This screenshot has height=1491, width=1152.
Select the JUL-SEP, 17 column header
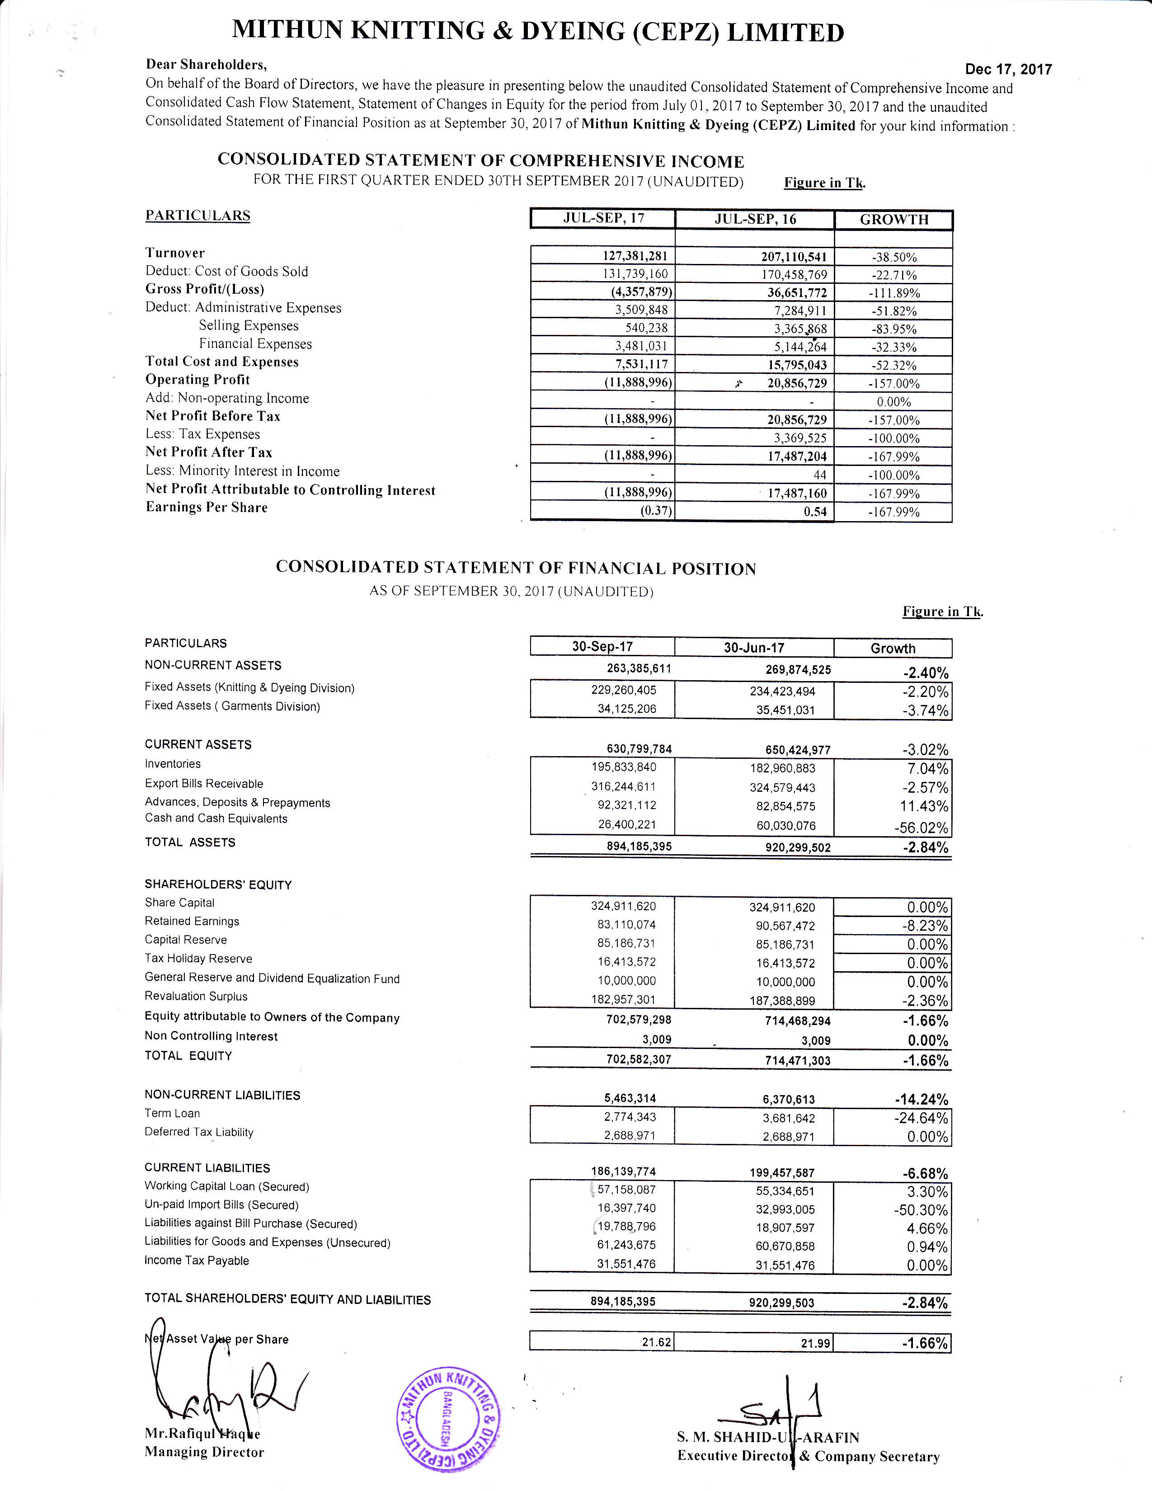tap(603, 218)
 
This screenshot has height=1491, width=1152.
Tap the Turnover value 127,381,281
tap(635, 256)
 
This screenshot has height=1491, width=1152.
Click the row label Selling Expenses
tap(249, 326)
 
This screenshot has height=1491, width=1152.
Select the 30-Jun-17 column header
tap(754, 647)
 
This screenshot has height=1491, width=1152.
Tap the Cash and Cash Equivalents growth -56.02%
tap(921, 828)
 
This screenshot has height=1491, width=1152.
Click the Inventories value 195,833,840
tap(624, 767)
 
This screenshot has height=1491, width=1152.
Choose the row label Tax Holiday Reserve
tap(198, 959)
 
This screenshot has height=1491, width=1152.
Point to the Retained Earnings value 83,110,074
tap(626, 924)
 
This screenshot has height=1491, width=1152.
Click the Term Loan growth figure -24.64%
tap(921, 1118)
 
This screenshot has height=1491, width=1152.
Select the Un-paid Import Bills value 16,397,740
tap(626, 1208)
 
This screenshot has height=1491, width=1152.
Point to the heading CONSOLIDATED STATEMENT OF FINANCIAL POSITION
tap(516, 568)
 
